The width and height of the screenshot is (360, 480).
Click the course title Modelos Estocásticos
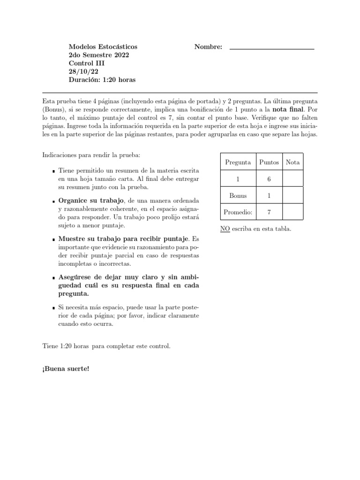(x=103, y=47)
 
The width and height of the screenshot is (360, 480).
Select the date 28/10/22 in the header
(x=83, y=72)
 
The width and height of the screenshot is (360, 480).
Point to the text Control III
(x=87, y=63)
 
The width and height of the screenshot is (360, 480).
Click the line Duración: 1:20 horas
(x=102, y=80)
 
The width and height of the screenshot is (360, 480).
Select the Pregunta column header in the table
(x=238, y=162)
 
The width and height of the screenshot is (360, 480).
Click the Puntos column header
(x=269, y=162)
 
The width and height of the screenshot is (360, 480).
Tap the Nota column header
(x=293, y=162)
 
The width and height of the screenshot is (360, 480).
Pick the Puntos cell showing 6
(x=269, y=179)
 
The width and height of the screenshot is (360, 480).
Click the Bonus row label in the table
(x=238, y=195)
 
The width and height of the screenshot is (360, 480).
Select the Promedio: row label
(x=238, y=212)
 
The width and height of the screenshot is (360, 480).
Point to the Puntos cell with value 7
(x=269, y=212)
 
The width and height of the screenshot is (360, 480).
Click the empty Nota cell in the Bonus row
(x=293, y=195)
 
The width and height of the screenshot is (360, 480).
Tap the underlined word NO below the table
(x=224, y=229)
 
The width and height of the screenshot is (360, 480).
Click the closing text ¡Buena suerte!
(x=66, y=368)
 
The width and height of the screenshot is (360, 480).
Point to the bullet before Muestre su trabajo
(x=54, y=240)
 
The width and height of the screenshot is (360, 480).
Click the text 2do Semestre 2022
(x=99, y=55)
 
